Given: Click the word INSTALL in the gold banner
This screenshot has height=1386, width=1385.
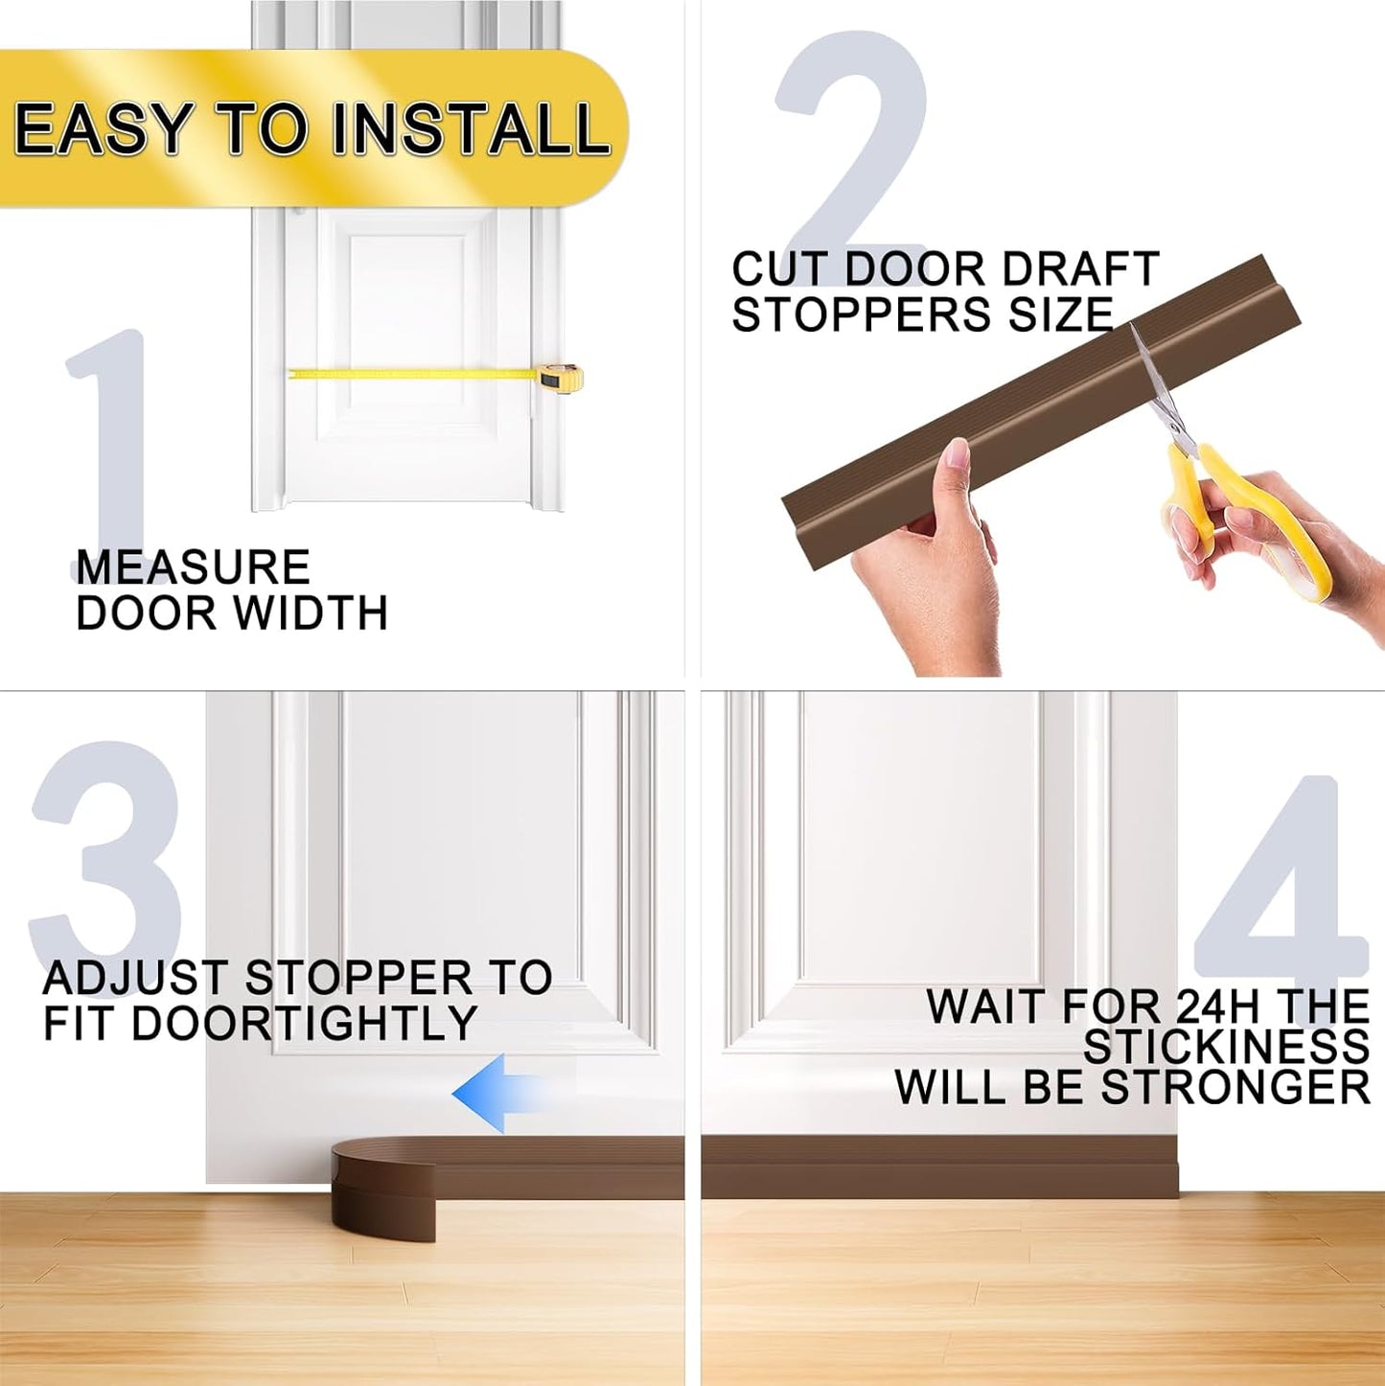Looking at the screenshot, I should point(470,129).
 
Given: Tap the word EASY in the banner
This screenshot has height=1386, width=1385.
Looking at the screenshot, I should point(104,129).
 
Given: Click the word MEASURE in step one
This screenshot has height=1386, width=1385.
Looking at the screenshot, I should point(193,567).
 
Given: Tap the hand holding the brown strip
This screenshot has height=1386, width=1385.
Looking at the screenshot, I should point(935,566).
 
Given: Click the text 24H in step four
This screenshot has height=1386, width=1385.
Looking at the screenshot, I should point(1216,1006).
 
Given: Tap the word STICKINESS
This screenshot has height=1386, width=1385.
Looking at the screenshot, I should point(1226,1047).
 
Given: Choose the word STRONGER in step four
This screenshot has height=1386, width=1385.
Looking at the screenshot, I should point(1235,1088).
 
